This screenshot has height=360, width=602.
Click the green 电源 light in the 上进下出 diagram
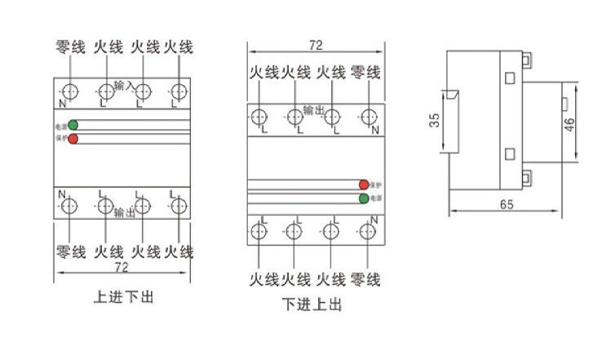click(73, 126)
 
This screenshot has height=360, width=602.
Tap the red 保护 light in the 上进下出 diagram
click(73, 140)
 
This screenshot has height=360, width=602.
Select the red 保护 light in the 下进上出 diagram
click(364, 184)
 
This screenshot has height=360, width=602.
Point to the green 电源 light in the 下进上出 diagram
click(364, 198)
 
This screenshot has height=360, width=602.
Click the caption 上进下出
click(123, 297)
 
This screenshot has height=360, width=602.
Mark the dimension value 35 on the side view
click(435, 120)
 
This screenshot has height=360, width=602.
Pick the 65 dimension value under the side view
click(506, 206)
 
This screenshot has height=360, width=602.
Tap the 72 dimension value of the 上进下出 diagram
click(122, 267)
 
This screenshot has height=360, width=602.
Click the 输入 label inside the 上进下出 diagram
click(125, 85)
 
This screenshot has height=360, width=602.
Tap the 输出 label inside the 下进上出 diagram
click(313, 109)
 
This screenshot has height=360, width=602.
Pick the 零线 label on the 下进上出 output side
click(365, 73)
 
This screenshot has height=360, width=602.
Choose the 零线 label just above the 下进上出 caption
click(365, 279)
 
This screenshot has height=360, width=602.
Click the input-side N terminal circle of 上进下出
click(70, 91)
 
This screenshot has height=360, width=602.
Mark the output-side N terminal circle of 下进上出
click(367, 116)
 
